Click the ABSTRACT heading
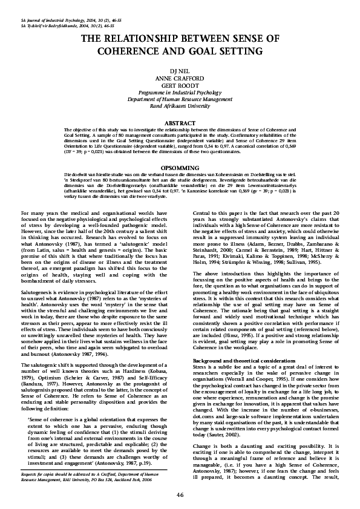click(x=180, y=123)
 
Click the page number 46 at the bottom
click(x=180, y=494)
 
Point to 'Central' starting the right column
click(x=202, y=213)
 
